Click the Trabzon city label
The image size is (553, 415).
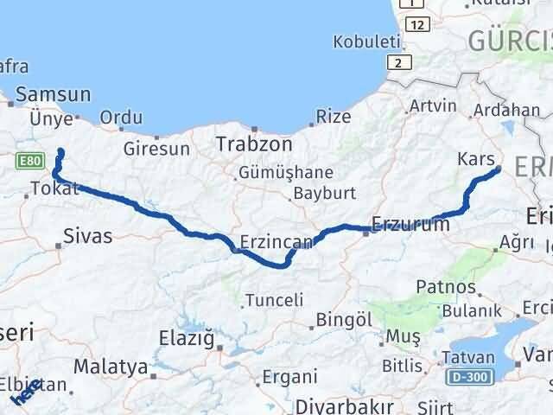pyautogui.click(x=253, y=144)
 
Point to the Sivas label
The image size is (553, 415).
pyautogui.click(x=88, y=235)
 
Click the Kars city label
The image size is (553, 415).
pyautogui.click(x=476, y=160)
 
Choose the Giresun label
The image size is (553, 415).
pyautogui.click(x=156, y=149)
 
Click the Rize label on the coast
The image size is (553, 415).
pyautogui.click(x=334, y=116)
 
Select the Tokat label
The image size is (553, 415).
pyautogui.click(x=54, y=188)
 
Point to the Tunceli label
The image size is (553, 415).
pyautogui.click(x=274, y=300)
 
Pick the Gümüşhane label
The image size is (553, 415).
pyautogui.click(x=275, y=172)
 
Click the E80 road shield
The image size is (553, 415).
pyautogui.click(x=28, y=160)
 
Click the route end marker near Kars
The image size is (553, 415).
pyautogui.click(x=498, y=170)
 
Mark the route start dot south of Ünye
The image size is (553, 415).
pyautogui.click(x=60, y=153)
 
